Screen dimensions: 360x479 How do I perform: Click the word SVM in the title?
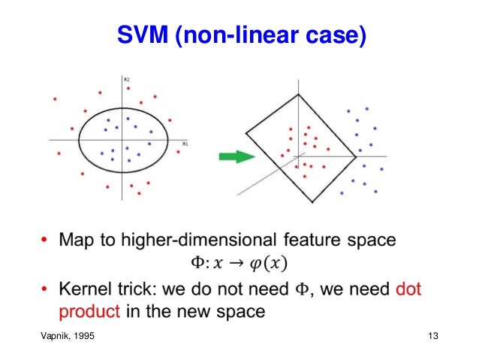click(x=144, y=35)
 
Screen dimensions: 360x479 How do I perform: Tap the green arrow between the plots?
click(x=234, y=156)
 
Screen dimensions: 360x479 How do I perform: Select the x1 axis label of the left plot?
click(x=184, y=142)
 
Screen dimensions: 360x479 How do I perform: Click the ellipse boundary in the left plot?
click(x=79, y=140)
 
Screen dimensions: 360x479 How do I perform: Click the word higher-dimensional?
click(x=190, y=241)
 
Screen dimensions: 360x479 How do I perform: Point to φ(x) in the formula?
click(x=272, y=264)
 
